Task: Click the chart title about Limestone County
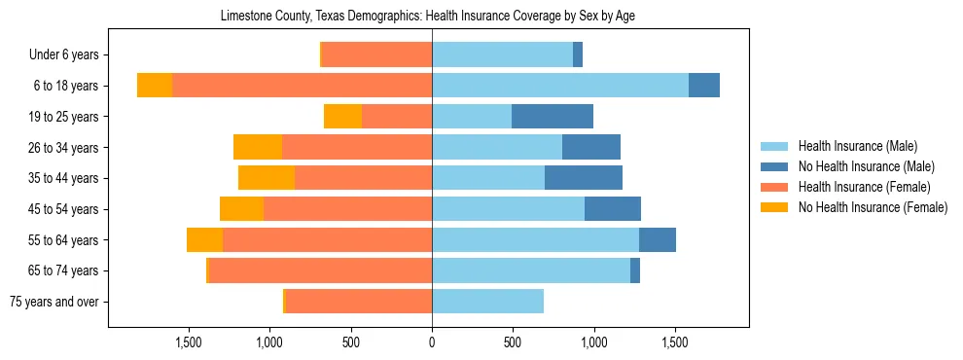(x=428, y=17)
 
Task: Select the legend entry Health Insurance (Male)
(x=857, y=146)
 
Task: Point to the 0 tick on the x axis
(x=432, y=342)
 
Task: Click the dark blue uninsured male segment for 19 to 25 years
(x=553, y=117)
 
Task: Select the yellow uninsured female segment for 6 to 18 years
(x=155, y=86)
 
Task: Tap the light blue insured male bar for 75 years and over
(x=487, y=302)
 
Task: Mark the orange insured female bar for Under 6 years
(x=376, y=55)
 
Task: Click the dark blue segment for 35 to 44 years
(x=584, y=178)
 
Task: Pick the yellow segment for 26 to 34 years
(x=258, y=147)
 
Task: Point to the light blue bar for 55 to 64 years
(x=535, y=239)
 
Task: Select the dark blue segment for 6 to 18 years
(x=704, y=86)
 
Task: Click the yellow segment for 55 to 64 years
(x=204, y=239)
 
